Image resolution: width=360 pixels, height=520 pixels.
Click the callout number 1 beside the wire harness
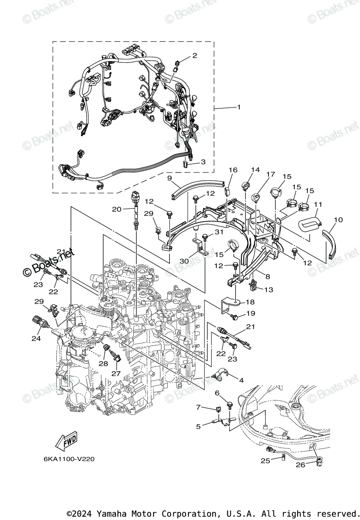point(238,107)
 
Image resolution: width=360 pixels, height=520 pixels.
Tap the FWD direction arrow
point(66,442)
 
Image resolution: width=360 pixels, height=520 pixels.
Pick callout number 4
point(241,380)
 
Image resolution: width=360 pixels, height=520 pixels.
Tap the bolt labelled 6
point(230,404)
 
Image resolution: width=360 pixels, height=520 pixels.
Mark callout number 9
point(169,178)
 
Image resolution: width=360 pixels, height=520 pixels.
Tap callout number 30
point(185,261)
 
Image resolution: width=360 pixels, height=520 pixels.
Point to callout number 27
point(116,373)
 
